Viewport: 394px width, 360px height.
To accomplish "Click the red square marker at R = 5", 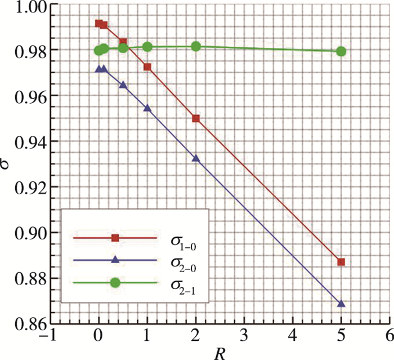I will (341, 262).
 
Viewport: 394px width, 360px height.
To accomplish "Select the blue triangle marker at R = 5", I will (341, 304).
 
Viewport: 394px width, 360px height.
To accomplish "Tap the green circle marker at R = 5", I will (341, 51).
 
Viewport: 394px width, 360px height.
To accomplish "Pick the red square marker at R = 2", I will (196, 118).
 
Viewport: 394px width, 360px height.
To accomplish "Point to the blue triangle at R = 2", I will (196, 158).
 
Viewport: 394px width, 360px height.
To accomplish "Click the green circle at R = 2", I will (196, 46).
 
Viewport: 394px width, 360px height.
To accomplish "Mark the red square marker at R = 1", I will (147, 66).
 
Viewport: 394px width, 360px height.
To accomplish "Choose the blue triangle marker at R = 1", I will (147, 108).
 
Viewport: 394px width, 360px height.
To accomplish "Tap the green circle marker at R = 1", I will (147, 47).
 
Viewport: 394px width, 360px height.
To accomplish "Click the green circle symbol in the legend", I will (115, 283).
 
